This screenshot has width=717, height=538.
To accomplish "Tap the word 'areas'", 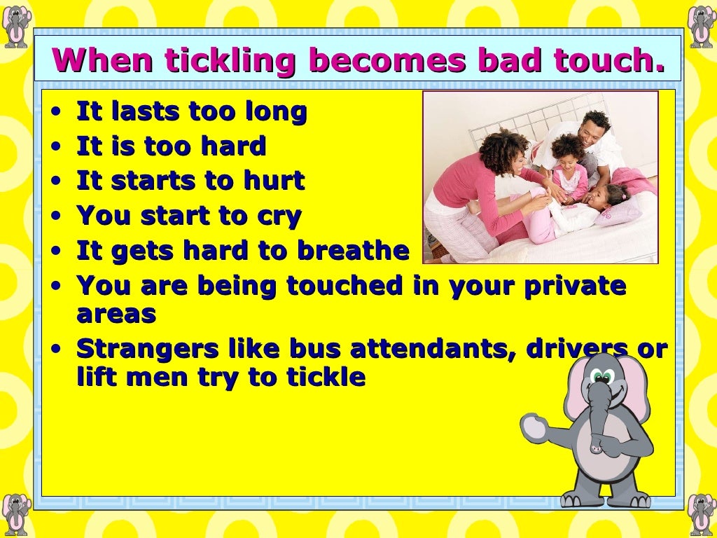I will (x=116, y=314).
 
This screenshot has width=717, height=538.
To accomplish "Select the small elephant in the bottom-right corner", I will (x=701, y=514).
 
